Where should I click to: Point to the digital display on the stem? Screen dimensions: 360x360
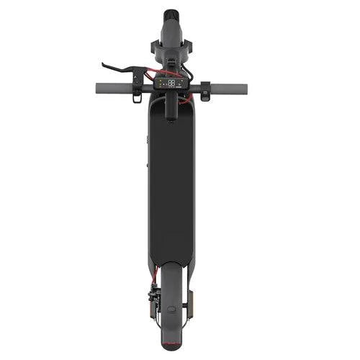point(171,84)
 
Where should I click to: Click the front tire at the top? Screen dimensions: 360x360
point(171,14)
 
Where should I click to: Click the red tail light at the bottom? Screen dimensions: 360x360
point(171,346)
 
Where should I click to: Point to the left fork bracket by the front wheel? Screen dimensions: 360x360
point(156,46)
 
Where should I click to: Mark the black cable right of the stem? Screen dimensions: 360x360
point(185,71)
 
